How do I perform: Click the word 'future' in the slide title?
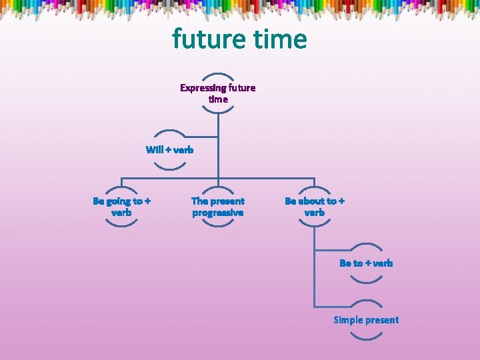(207, 39)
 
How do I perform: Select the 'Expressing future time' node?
(218, 93)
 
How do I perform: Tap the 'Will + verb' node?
(170, 149)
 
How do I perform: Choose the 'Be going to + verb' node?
(121, 207)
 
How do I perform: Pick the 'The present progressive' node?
(218, 207)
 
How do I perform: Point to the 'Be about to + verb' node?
(315, 207)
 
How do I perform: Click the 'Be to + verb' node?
(366, 263)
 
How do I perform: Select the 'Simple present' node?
(366, 320)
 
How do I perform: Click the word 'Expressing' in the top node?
(203, 88)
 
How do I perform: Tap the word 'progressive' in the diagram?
(218, 213)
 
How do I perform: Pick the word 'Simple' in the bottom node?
(348, 320)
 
